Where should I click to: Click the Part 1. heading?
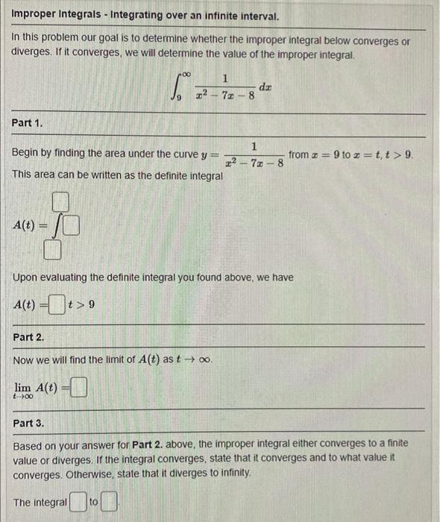28,122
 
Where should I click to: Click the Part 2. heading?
29,337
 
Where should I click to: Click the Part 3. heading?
29,423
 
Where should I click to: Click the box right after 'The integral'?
78,503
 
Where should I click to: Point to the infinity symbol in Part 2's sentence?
205,359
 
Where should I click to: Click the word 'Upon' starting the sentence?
27,277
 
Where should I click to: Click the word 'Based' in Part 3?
28,443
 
